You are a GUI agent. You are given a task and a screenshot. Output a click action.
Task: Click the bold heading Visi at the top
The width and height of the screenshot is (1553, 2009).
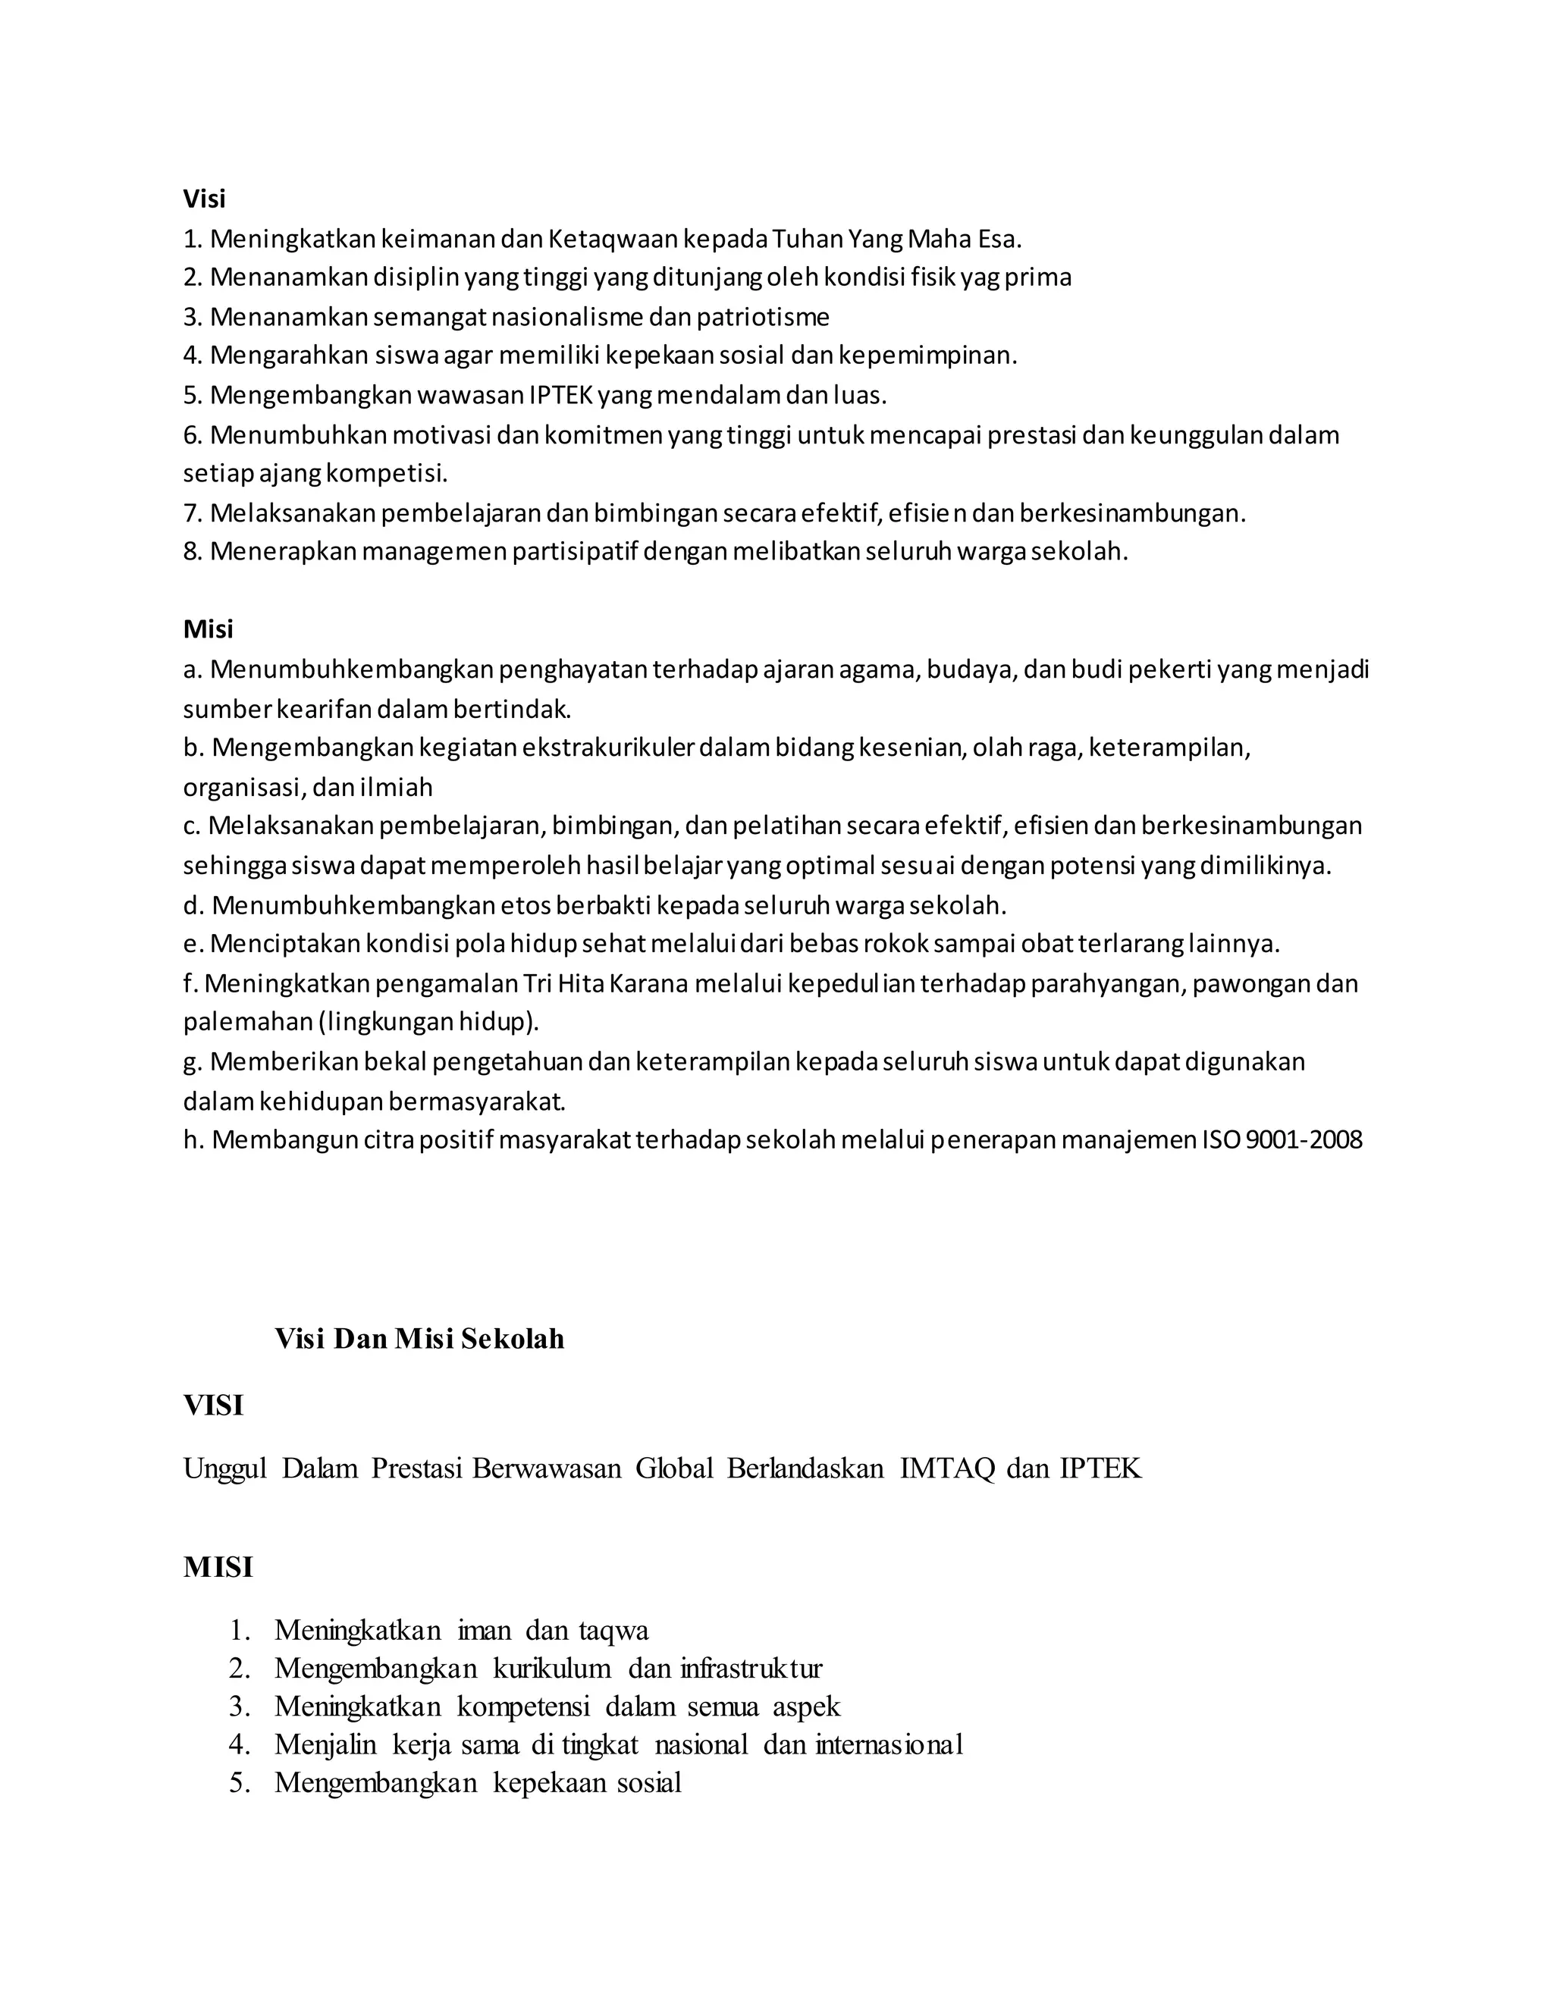click(203, 199)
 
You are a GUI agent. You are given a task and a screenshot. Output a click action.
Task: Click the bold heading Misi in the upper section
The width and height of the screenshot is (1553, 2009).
click(208, 629)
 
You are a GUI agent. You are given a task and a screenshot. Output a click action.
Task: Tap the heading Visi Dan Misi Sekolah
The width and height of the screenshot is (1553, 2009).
click(419, 1337)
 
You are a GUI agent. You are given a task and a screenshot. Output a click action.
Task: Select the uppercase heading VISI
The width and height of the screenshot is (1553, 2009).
click(213, 1406)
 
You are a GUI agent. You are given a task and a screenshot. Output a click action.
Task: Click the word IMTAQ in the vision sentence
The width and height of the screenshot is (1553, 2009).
click(946, 1469)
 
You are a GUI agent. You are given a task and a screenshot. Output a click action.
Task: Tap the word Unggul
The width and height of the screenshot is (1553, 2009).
click(224, 1469)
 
